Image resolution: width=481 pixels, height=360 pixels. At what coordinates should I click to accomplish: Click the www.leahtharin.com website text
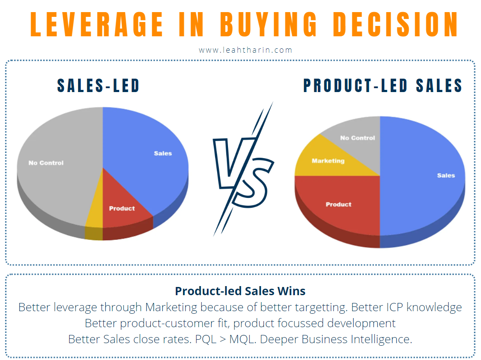(245, 50)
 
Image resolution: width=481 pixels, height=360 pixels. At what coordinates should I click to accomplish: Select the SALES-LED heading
(98, 86)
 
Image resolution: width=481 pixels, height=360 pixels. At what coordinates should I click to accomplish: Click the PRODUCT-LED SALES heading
(383, 86)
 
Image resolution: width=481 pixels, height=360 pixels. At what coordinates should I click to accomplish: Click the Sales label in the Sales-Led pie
(163, 153)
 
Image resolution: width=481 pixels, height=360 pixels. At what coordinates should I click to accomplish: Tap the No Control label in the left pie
(46, 163)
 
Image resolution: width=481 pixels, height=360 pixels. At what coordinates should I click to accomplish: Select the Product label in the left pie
(122, 208)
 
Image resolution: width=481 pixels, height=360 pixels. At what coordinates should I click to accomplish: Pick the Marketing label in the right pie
(328, 161)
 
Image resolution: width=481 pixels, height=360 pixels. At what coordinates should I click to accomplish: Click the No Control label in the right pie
(358, 138)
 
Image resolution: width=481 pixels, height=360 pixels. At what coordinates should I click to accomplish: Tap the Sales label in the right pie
(446, 175)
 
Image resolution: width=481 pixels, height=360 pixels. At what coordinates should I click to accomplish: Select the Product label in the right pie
(339, 204)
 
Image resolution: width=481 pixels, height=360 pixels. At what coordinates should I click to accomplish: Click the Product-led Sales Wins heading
(240, 291)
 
